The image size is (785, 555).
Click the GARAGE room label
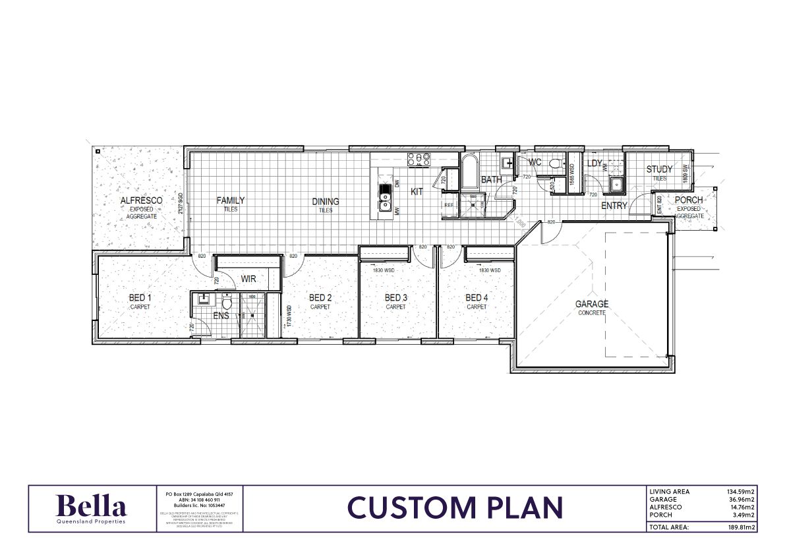click(592, 305)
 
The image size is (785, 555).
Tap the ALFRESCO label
click(141, 200)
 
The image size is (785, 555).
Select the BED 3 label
click(396, 298)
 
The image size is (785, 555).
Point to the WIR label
click(248, 279)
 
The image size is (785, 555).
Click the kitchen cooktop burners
click(419, 159)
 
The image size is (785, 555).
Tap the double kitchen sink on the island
click(385, 195)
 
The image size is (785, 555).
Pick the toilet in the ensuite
click(227, 303)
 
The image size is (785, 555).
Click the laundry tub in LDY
click(616, 183)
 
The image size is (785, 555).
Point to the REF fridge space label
click(450, 205)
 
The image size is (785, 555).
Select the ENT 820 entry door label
click(659, 204)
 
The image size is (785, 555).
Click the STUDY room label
click(659, 169)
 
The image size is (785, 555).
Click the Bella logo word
click(92, 507)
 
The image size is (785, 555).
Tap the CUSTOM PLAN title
click(455, 508)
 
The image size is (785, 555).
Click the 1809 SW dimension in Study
click(685, 173)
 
